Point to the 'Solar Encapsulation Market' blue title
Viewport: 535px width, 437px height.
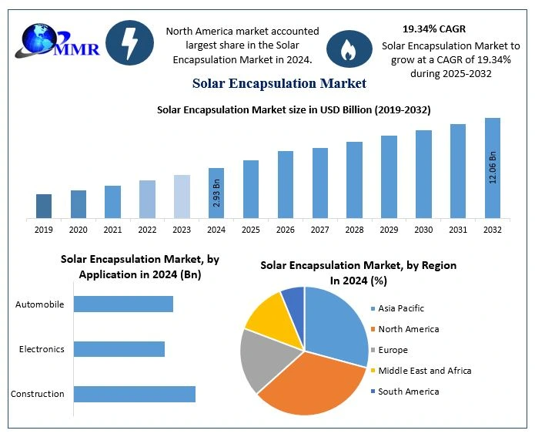click(x=279, y=82)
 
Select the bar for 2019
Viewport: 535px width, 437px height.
click(x=44, y=206)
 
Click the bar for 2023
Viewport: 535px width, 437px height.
click(x=182, y=196)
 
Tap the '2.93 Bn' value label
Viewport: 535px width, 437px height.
click(x=216, y=193)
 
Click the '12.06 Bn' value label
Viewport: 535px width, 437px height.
click(x=493, y=167)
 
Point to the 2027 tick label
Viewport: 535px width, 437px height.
click(x=319, y=230)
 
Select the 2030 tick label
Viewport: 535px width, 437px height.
click(x=423, y=230)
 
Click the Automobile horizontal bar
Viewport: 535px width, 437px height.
click(x=123, y=304)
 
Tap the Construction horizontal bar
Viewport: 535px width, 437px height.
click(x=134, y=394)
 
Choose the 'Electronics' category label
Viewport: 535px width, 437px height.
click(x=42, y=349)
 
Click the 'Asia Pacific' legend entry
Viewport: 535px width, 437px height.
click(x=400, y=308)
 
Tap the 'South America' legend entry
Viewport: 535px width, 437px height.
click(x=408, y=392)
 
